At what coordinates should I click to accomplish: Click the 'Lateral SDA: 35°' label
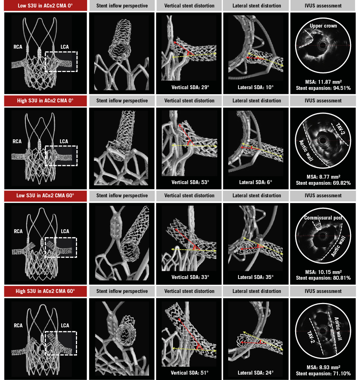tap(256, 277)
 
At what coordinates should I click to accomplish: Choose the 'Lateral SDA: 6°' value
tap(256, 182)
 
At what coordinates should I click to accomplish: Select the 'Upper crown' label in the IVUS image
tap(323, 26)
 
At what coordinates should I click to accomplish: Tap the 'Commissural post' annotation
tap(323, 218)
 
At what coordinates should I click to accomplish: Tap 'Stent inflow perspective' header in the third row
tap(122, 196)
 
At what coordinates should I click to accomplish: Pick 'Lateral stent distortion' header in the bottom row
tap(256, 291)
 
